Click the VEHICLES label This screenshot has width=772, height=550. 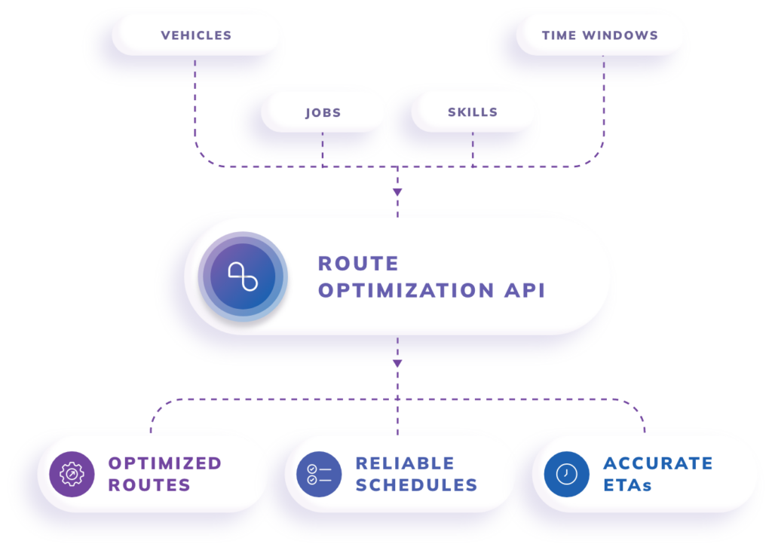(x=196, y=35)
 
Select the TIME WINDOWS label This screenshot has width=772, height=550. (x=599, y=35)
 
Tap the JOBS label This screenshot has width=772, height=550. (x=323, y=113)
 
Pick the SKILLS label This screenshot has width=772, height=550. (x=473, y=112)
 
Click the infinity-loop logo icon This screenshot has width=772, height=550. (x=243, y=277)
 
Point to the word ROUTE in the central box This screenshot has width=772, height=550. (x=358, y=264)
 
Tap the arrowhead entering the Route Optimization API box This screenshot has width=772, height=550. (x=397, y=193)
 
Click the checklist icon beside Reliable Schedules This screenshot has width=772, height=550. (x=319, y=474)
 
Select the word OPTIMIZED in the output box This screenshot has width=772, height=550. (x=165, y=463)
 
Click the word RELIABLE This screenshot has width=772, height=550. (x=405, y=463)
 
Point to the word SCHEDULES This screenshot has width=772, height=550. (x=416, y=485)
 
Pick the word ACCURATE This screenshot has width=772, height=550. (x=657, y=463)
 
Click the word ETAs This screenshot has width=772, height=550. (x=627, y=485)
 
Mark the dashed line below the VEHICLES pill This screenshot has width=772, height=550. (x=195, y=105)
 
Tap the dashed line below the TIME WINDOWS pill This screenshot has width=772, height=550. (x=603, y=105)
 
